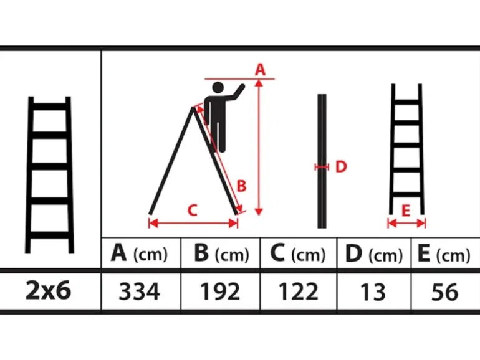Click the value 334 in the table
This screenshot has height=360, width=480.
click(x=139, y=291)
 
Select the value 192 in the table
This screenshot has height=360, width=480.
click(x=220, y=291)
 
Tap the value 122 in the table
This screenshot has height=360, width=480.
click(x=299, y=291)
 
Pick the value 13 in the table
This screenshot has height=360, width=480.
click(x=373, y=291)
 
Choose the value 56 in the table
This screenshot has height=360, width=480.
click(x=445, y=291)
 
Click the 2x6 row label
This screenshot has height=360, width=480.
click(x=49, y=290)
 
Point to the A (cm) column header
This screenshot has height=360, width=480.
click(x=139, y=253)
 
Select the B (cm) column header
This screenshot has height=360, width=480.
click(x=222, y=253)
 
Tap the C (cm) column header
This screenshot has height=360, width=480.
click(x=298, y=253)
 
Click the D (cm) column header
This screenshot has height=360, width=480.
click(x=374, y=253)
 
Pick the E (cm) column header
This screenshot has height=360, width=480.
click(x=444, y=253)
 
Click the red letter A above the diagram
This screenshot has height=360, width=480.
click(x=260, y=70)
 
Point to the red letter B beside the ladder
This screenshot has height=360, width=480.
click(x=241, y=186)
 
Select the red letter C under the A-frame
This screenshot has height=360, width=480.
click(x=192, y=211)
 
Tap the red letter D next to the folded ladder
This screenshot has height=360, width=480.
click(x=341, y=167)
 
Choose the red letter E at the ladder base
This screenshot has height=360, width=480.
click(x=406, y=211)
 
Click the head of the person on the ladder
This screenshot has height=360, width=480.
click(x=218, y=87)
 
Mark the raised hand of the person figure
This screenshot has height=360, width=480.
click(x=241, y=88)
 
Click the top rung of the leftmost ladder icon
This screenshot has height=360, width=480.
click(x=49, y=107)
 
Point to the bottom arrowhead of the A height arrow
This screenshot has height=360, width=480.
click(x=259, y=212)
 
